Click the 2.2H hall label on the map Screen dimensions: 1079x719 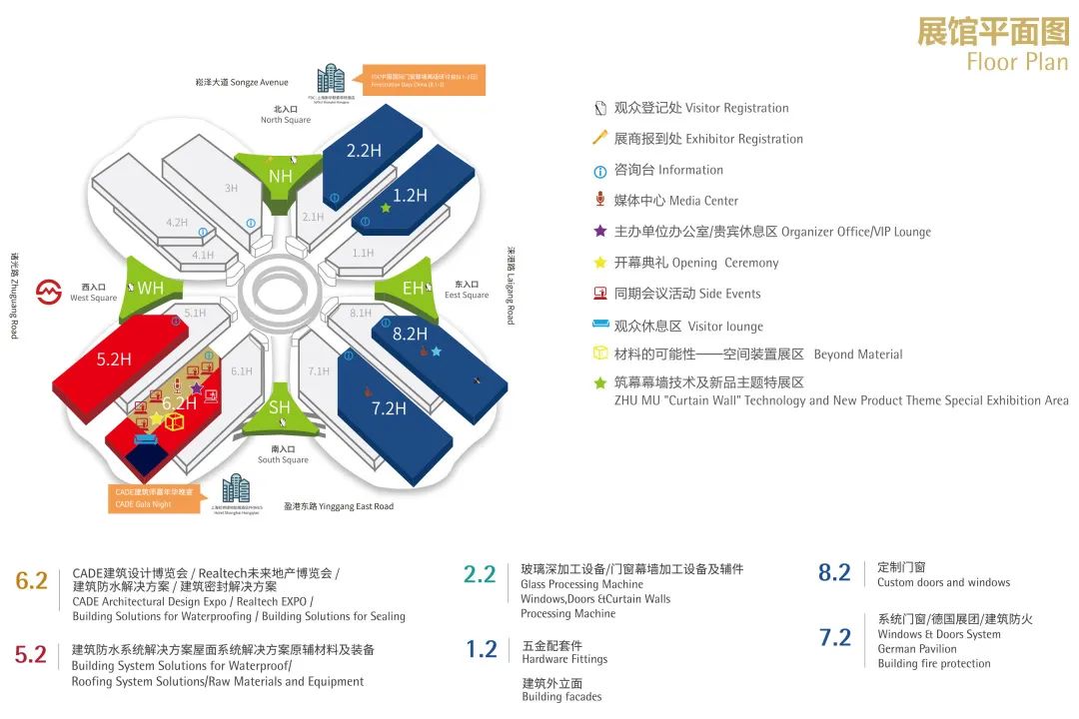[x=364, y=151]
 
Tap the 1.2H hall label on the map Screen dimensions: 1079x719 [x=410, y=196]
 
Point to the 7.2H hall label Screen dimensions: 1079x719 [x=389, y=407]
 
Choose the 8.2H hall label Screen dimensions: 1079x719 [x=410, y=335]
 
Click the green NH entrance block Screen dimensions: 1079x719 [x=281, y=176]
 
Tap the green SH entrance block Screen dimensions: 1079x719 [x=280, y=407]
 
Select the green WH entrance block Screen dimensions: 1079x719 [x=150, y=289]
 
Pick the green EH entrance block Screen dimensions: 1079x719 [x=413, y=289]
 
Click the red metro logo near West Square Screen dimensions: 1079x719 [x=49, y=292]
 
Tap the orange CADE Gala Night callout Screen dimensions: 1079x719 [x=156, y=497]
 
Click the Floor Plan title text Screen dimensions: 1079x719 [x=1017, y=62]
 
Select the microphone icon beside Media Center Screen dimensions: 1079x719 [x=600, y=200]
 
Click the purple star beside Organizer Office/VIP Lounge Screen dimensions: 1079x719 [x=600, y=231]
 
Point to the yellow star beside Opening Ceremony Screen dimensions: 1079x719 [x=600, y=263]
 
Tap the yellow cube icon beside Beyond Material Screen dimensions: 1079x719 [x=600, y=354]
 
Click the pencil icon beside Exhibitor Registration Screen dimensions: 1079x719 [x=600, y=138]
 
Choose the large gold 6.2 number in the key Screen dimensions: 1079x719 [x=32, y=580]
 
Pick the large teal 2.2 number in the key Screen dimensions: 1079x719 [x=480, y=574]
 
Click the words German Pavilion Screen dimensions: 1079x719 [x=917, y=649]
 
